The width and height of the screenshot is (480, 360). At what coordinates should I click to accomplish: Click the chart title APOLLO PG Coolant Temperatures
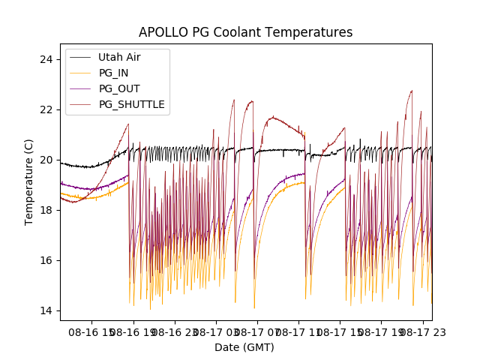point(245,32)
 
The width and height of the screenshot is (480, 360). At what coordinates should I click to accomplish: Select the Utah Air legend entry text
point(119,57)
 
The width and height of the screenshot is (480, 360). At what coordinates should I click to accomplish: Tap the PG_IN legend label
point(113,73)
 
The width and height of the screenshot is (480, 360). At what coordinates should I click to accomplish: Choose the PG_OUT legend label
point(119,88)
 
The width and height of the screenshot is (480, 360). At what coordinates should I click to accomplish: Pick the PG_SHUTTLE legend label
point(131,104)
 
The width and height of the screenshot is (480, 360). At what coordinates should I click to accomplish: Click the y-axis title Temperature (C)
point(29,181)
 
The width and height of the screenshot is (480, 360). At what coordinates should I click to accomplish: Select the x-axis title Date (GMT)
point(244,347)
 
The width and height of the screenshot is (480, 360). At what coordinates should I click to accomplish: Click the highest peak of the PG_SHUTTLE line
point(412,91)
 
